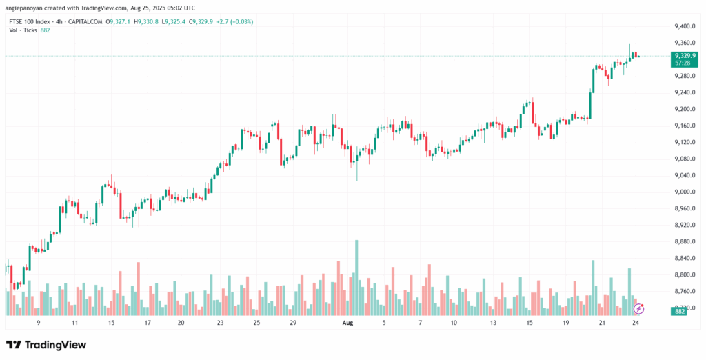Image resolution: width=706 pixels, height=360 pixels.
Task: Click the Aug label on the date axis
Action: (349, 322)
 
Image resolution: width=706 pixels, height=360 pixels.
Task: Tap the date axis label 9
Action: (39, 322)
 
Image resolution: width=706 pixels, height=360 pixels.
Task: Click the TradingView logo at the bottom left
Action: (46, 344)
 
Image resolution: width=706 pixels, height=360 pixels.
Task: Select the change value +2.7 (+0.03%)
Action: (234, 21)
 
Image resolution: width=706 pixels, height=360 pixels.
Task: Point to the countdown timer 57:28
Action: (683, 63)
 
